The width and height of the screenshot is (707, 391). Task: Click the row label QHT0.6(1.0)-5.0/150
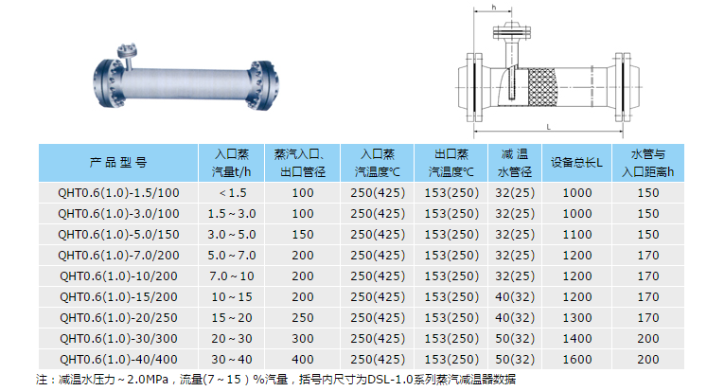point(118,235)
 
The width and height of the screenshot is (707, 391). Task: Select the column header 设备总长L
point(576,162)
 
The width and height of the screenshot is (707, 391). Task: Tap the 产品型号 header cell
point(118,162)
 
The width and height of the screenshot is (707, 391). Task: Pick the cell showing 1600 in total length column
point(577,360)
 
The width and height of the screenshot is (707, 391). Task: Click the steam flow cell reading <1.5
point(232,193)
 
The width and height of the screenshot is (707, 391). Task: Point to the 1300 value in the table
point(577,318)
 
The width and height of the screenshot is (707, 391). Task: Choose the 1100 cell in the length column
point(577,235)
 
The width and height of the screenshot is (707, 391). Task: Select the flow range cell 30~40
point(232,360)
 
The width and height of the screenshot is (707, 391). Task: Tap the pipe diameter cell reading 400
point(303,360)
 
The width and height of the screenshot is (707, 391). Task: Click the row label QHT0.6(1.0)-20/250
point(118,318)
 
